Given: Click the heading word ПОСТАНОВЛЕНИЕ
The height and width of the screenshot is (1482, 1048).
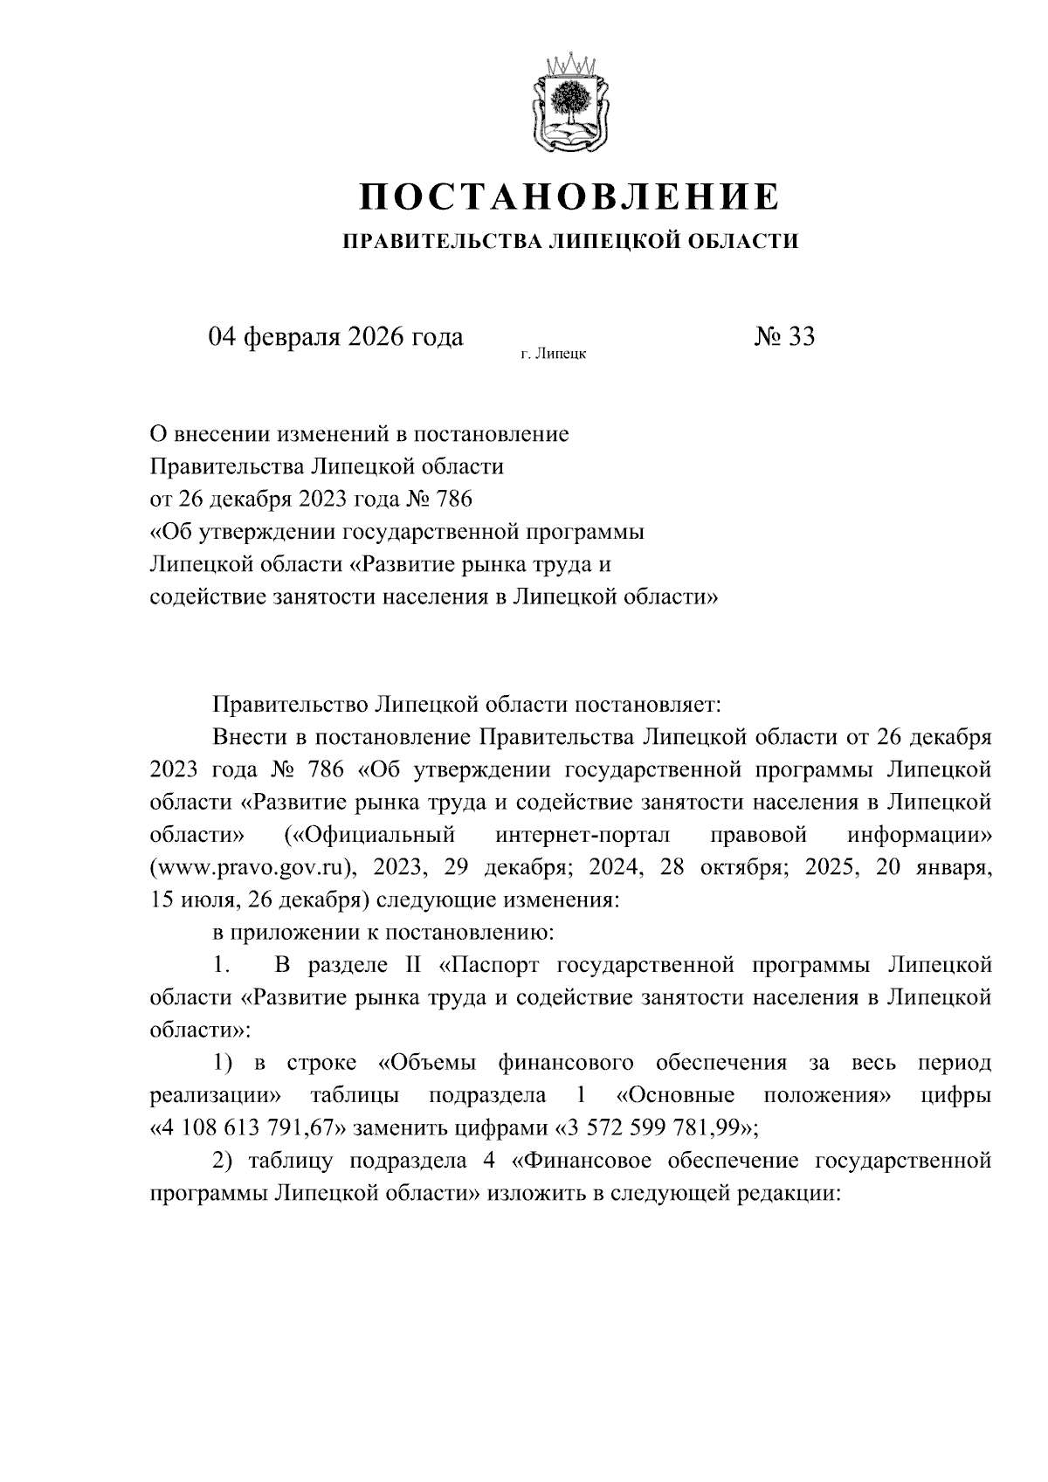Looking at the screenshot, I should [569, 197].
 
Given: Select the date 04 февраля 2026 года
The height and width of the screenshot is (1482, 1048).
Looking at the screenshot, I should [335, 336].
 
